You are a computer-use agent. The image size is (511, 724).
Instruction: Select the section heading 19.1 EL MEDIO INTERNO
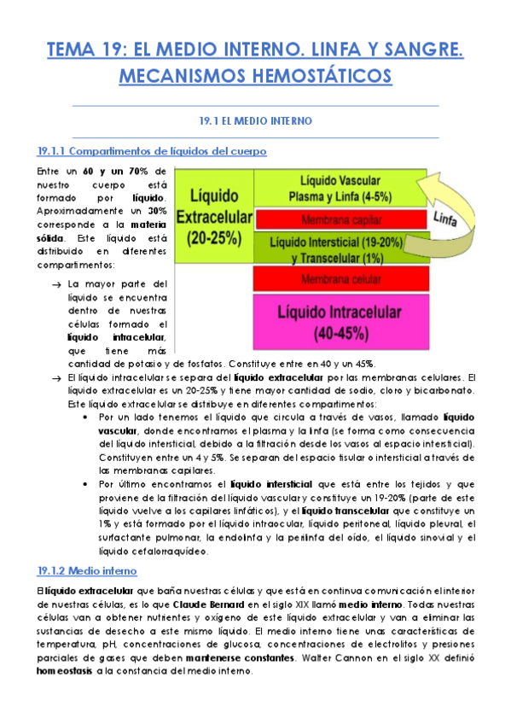(x=255, y=121)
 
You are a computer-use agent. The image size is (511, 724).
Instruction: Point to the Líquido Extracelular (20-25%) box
(x=213, y=216)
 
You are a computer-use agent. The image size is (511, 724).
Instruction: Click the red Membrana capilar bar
(x=340, y=219)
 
